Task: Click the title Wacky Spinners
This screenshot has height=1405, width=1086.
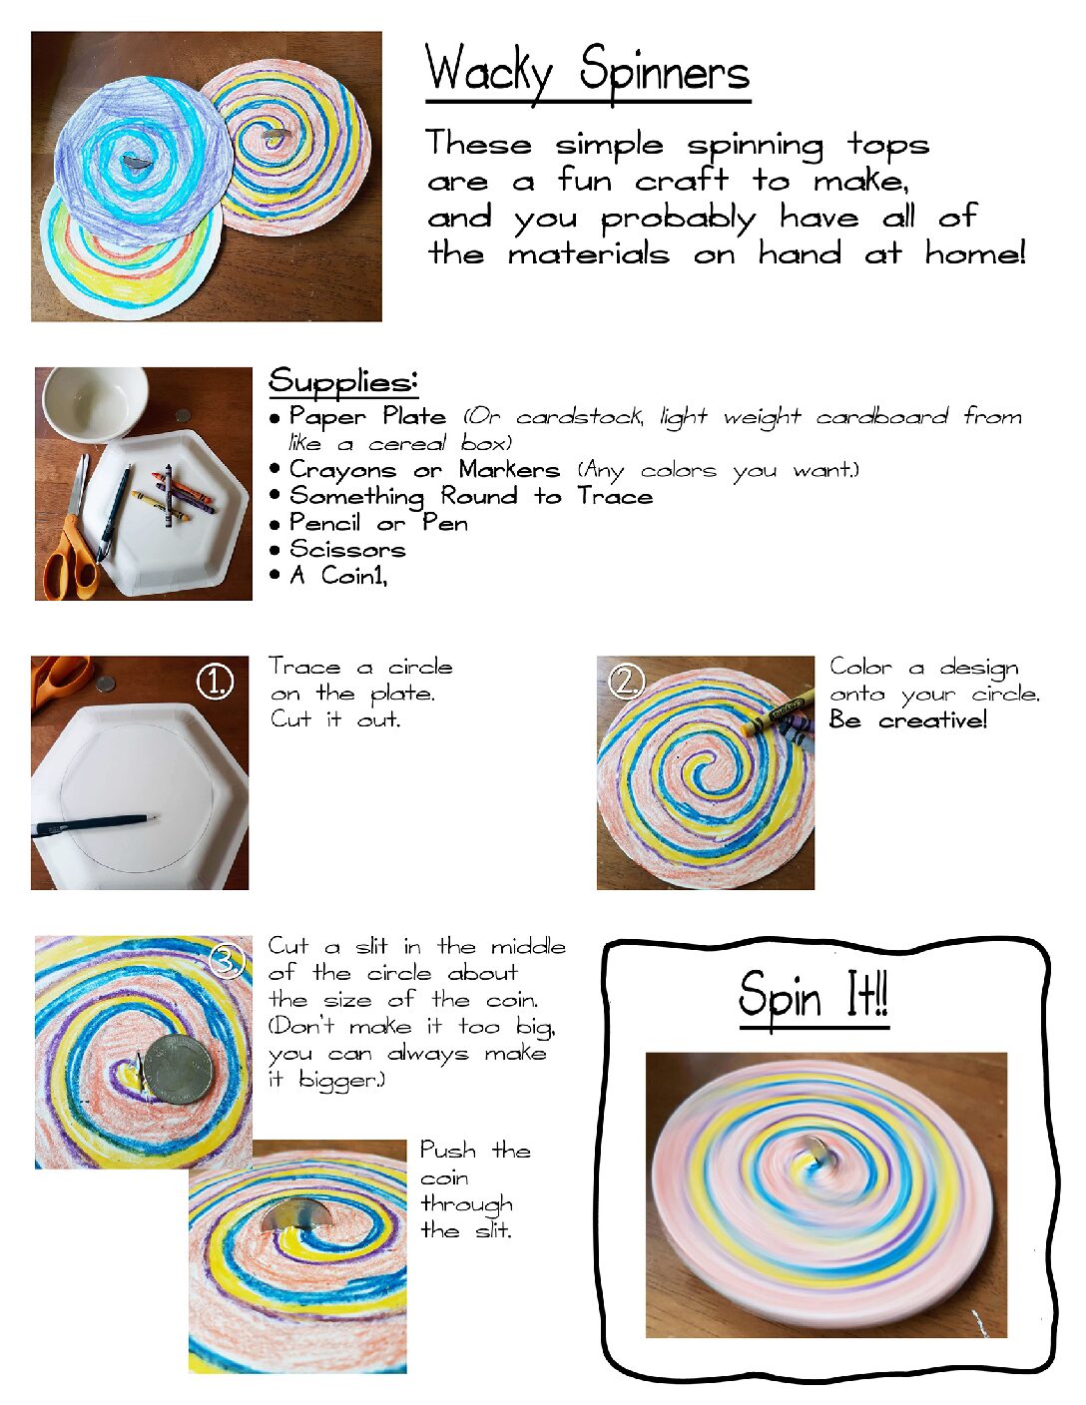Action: [587, 73]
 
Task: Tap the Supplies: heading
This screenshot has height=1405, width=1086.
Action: [342, 381]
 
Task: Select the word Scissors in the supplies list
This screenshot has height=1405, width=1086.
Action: [347, 550]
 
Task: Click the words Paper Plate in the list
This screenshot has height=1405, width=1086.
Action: [367, 417]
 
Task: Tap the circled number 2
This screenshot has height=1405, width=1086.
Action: [627, 683]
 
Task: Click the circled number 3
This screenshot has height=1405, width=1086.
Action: [226, 961]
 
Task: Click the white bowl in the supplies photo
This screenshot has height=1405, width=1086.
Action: [96, 403]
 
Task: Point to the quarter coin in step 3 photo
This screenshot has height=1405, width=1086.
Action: [178, 1069]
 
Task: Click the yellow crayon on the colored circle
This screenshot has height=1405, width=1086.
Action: [779, 712]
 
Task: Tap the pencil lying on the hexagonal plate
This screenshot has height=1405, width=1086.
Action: [93, 826]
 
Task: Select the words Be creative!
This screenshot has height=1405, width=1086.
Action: [907, 719]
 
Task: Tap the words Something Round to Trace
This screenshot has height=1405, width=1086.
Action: [471, 497]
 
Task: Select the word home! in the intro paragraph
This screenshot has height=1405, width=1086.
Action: [975, 252]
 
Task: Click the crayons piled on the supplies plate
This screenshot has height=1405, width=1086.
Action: [174, 495]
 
